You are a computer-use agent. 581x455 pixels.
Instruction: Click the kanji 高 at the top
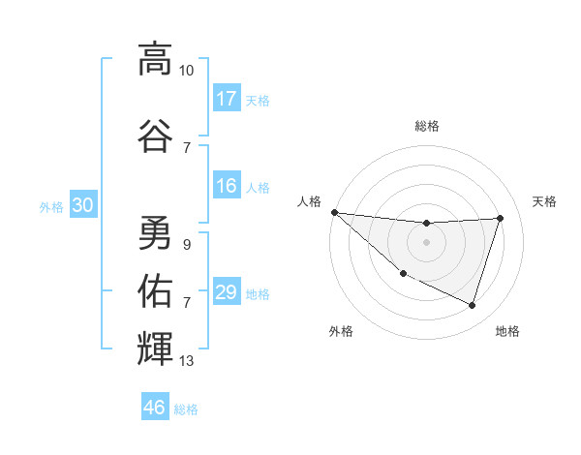click(x=155, y=59)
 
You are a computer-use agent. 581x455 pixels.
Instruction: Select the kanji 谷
click(x=155, y=135)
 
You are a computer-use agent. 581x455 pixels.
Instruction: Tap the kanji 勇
click(x=155, y=232)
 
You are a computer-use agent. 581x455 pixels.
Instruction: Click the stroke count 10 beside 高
click(x=187, y=71)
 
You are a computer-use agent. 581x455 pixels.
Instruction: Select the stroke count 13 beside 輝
click(x=187, y=361)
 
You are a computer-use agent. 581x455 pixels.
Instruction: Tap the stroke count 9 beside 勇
click(x=187, y=245)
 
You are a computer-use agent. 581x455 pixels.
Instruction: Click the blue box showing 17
click(x=227, y=99)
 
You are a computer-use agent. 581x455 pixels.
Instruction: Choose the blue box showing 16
click(x=227, y=186)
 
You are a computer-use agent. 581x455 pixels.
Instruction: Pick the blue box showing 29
click(x=227, y=292)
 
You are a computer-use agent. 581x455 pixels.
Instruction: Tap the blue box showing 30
click(x=83, y=205)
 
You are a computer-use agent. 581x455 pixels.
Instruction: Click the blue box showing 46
click(x=155, y=408)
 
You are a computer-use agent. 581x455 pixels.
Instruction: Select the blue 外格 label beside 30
click(x=51, y=206)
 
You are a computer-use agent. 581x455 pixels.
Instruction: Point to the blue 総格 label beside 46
click(x=186, y=409)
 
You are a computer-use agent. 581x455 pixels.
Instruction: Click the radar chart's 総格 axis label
click(x=426, y=126)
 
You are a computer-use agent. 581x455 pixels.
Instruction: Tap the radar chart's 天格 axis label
click(x=544, y=201)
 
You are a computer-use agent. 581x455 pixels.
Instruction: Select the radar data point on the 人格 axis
click(x=334, y=212)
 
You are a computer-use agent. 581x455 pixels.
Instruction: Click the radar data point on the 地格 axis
click(x=472, y=305)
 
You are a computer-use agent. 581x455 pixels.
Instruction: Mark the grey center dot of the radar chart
click(x=426, y=242)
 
